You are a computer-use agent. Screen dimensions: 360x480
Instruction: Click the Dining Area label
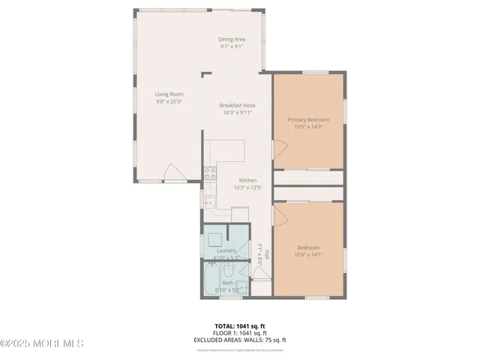tap(233, 39)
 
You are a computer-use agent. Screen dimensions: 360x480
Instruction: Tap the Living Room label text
tap(169, 94)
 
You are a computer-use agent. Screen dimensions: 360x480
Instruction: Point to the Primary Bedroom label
tap(308, 119)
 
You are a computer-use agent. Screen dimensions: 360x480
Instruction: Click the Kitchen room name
tap(247, 180)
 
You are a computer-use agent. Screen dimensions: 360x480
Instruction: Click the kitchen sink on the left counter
tap(209, 202)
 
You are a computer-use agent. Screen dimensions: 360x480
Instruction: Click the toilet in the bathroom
tap(239, 271)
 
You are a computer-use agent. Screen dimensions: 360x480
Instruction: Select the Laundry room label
tap(226, 250)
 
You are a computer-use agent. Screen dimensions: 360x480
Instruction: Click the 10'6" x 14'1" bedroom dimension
tap(308, 255)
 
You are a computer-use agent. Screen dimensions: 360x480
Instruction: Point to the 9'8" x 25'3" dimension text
tap(169, 101)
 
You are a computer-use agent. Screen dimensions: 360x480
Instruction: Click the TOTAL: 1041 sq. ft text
tap(239, 325)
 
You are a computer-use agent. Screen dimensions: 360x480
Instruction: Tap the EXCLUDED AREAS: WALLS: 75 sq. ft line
tap(239, 340)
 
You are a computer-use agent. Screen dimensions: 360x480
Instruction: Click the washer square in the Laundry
tap(214, 241)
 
